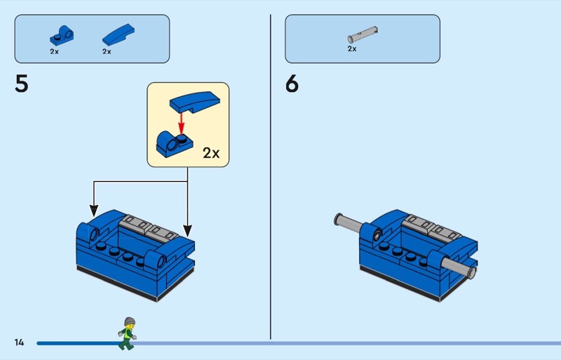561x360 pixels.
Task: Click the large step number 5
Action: tap(22, 84)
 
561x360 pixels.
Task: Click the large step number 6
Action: tap(292, 84)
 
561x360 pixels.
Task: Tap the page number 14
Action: tap(19, 342)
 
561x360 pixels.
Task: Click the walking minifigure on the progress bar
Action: tap(127, 333)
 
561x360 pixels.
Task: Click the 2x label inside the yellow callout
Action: tap(211, 153)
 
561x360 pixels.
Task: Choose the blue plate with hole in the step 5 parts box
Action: tap(61, 34)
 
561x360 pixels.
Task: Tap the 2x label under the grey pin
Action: tap(352, 49)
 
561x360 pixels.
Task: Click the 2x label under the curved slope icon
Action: tap(107, 51)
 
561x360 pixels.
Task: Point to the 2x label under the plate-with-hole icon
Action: tap(55, 51)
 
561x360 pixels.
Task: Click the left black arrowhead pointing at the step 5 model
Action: tap(94, 211)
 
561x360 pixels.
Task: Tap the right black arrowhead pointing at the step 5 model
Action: tap(187, 229)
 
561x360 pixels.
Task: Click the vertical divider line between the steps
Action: tap(271, 175)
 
